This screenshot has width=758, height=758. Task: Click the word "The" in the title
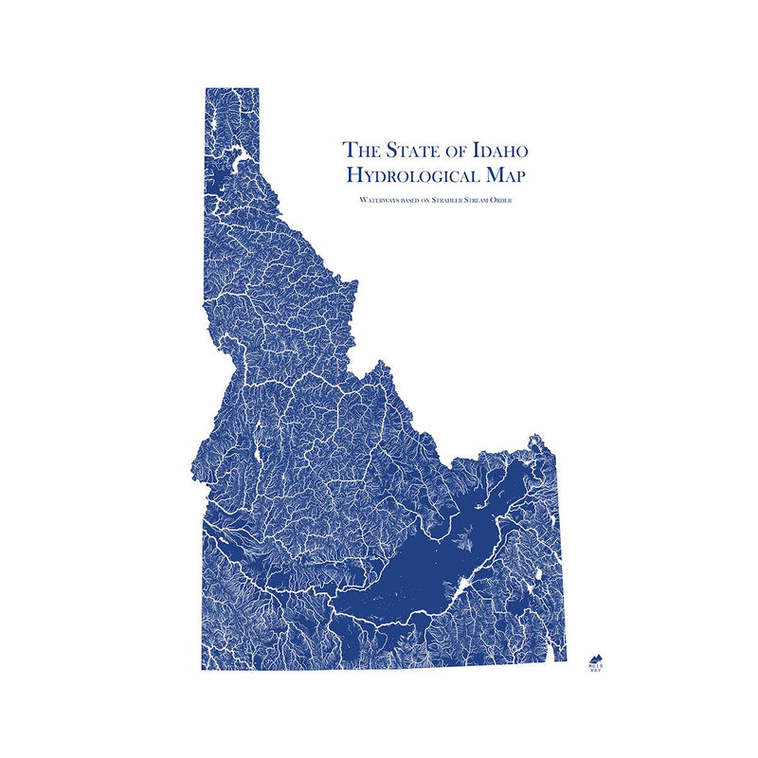click(x=361, y=150)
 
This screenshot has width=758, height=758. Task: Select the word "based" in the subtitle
click(x=413, y=201)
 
